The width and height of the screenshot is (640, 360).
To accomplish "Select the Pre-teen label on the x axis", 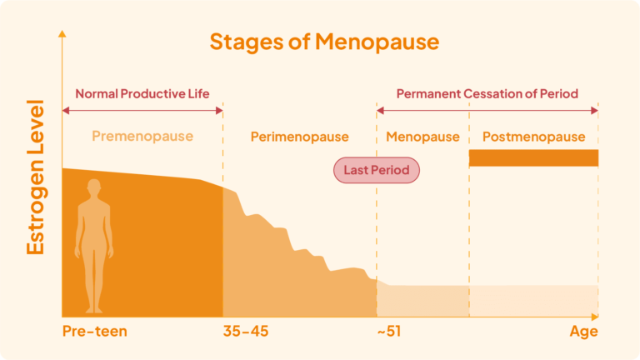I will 95,332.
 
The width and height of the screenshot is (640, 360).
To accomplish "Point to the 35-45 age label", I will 246,332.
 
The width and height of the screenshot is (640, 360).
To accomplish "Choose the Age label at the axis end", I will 583,332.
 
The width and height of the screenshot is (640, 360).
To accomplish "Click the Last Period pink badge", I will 377,170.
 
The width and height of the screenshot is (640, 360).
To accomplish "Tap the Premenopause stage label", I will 142,136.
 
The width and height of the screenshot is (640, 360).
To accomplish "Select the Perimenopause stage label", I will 299,137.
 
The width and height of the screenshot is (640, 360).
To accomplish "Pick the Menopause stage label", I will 422,137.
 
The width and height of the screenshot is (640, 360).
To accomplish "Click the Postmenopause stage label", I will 533,137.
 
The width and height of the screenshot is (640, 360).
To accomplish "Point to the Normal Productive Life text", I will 142,93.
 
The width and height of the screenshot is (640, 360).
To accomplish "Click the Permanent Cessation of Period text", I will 487,93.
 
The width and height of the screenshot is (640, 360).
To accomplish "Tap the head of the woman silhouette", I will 94,187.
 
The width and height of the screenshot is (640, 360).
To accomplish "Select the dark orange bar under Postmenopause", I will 533,157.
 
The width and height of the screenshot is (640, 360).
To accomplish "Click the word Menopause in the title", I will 384,42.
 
